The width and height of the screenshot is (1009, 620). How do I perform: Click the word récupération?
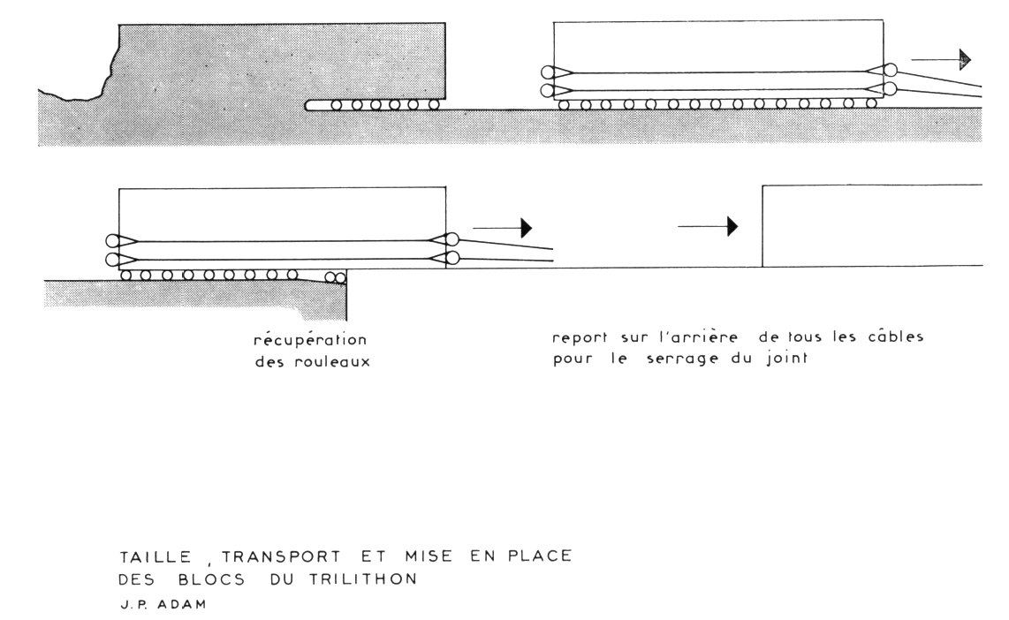pos(310,339)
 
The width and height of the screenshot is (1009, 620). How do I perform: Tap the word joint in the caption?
pos(790,359)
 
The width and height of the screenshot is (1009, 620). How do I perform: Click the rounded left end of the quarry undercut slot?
pos(309,105)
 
